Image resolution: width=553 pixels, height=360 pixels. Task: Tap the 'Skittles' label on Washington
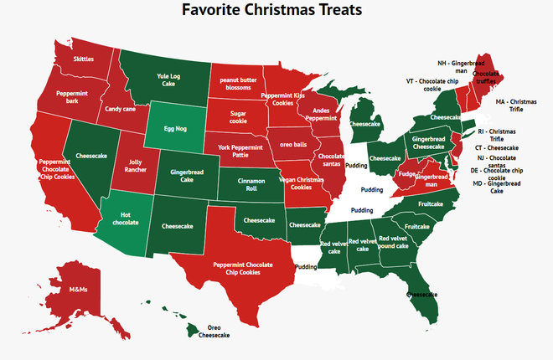click(x=84, y=59)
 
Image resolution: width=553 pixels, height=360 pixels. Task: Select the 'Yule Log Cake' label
click(x=168, y=80)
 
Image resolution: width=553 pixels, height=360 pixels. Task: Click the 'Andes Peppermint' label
click(x=324, y=116)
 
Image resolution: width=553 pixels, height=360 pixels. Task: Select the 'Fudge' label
click(x=407, y=174)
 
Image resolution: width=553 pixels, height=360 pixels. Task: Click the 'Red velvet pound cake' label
click(x=393, y=243)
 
